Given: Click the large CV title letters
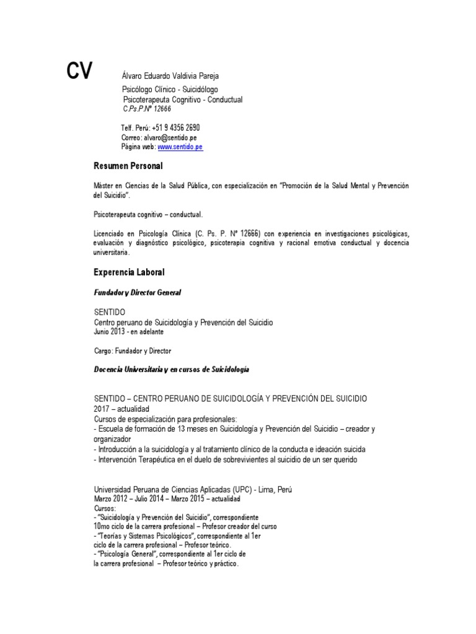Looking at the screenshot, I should (79, 71).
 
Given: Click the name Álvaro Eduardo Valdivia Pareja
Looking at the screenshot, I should (170, 76).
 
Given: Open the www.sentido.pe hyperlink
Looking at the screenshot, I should (180, 147).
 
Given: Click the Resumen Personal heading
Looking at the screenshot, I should (128, 167).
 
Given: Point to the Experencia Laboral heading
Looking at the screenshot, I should (129, 272).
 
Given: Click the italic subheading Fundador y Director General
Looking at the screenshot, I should (137, 292).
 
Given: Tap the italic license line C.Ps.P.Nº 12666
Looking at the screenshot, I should (147, 109).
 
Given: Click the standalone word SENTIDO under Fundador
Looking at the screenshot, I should (109, 313).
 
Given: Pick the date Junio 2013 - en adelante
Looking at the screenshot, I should (128, 332).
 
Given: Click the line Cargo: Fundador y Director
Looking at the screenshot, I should (132, 351).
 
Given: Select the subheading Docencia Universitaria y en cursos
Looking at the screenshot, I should (170, 369).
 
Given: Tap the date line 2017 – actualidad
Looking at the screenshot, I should (121, 410).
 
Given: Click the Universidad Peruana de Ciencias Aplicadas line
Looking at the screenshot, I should (192, 489).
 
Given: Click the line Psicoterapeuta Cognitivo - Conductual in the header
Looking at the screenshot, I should (183, 100).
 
